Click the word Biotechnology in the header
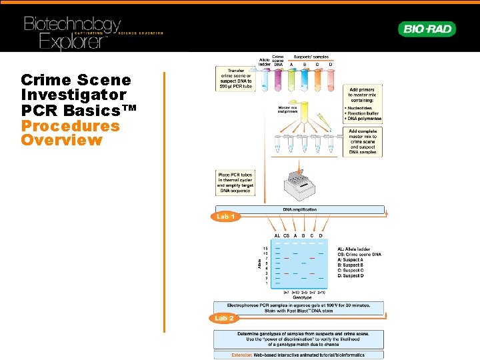pos(72,25)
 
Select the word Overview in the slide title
pos(61,140)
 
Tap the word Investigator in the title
pos(73,95)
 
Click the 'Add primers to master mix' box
pos(362,103)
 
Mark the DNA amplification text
pos(300,209)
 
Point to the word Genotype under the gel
pos(299,297)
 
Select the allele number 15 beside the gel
pos(265,248)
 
